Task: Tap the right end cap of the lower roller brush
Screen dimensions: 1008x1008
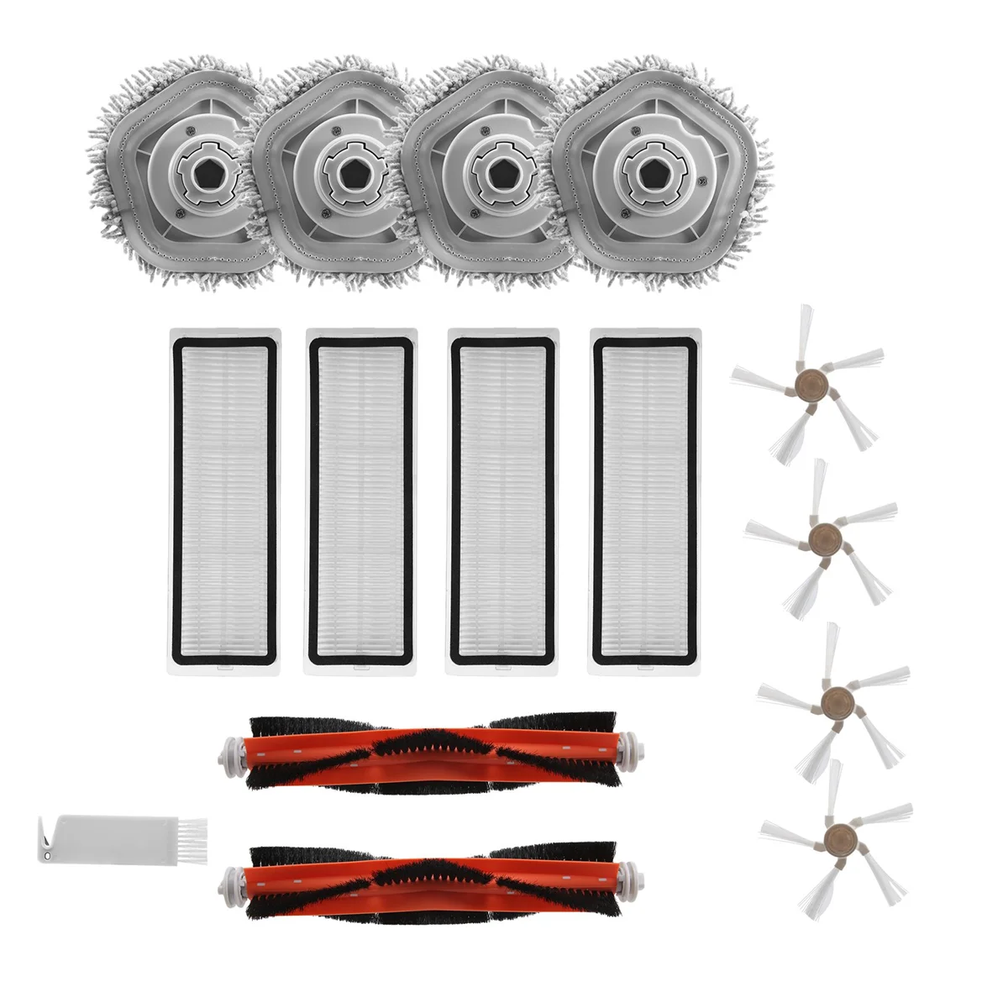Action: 637,883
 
